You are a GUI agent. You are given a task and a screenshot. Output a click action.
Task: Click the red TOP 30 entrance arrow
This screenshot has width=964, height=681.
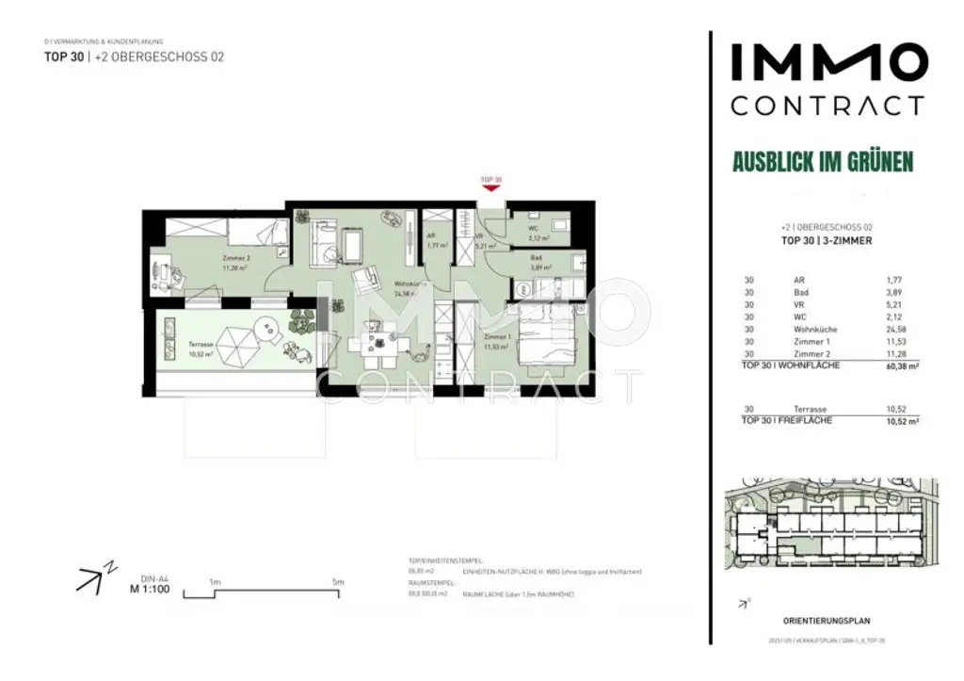(x=490, y=187)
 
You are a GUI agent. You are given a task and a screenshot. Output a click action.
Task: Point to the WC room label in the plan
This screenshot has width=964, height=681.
(x=532, y=228)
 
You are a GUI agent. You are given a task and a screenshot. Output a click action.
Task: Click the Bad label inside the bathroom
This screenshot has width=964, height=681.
(x=535, y=258)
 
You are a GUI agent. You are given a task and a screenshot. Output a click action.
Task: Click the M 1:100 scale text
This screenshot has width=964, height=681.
(x=149, y=591)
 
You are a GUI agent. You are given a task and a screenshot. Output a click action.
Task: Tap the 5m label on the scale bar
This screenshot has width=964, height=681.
(x=338, y=582)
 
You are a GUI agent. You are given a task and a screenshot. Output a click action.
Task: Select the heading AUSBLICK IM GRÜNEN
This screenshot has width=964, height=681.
(x=823, y=161)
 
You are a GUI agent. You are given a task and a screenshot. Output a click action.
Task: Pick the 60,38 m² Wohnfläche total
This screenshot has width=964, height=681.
(x=875, y=365)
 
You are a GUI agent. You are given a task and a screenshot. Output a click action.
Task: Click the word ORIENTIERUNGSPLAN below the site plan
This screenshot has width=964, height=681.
(x=826, y=621)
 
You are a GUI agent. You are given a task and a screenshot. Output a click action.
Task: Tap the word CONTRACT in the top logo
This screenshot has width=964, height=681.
(x=827, y=105)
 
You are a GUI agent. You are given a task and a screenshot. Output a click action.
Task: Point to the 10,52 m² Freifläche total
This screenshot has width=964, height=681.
(x=875, y=421)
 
